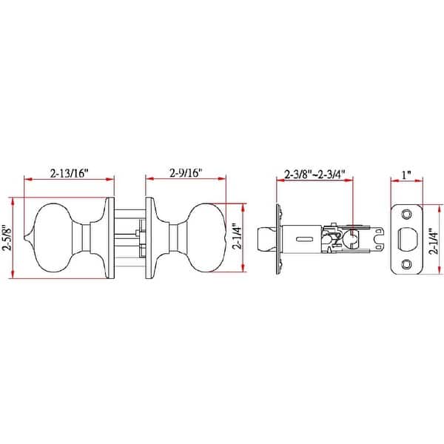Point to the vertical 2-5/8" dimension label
tap(7, 238)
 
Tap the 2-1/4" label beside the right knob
tap(235, 238)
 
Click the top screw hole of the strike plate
tap(406, 213)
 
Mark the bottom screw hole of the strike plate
tap(406, 264)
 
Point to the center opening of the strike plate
tap(406, 238)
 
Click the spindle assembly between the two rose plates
tap(129, 238)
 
